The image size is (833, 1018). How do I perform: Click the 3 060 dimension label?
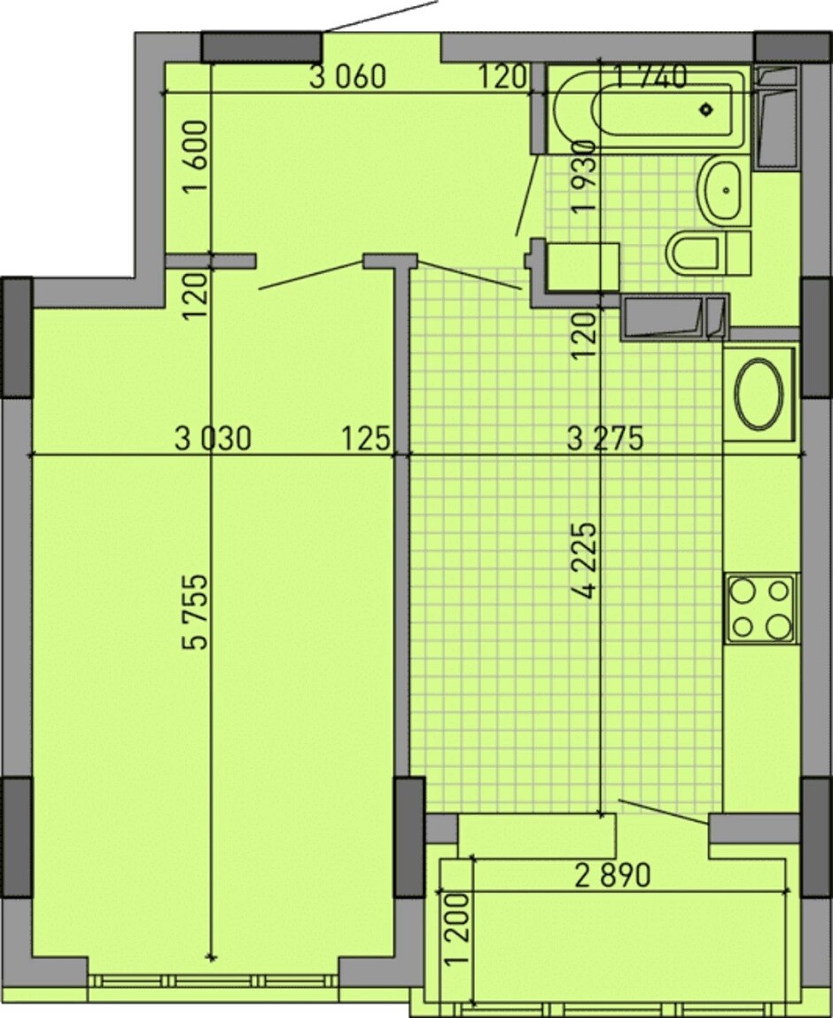[347, 77]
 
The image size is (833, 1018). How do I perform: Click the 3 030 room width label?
[213, 439]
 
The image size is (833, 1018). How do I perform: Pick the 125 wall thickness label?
[366, 439]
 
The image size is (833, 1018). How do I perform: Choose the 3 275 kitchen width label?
[605, 439]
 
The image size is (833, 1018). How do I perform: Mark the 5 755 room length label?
[196, 611]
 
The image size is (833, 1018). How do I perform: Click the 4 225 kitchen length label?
[585, 560]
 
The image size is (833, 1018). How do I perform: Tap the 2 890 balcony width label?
[612, 876]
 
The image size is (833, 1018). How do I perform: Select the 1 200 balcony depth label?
[458, 930]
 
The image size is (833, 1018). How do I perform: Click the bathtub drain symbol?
[706, 109]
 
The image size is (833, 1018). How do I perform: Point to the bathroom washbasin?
[720, 191]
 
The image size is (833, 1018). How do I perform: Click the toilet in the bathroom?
[708, 253]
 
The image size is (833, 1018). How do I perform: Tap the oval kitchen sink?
[759, 394]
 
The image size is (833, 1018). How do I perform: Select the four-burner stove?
[761, 609]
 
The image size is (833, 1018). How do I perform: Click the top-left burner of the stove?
[743, 591]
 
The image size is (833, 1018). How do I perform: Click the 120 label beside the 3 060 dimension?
[502, 77]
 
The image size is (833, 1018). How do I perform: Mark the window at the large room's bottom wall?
[214, 981]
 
